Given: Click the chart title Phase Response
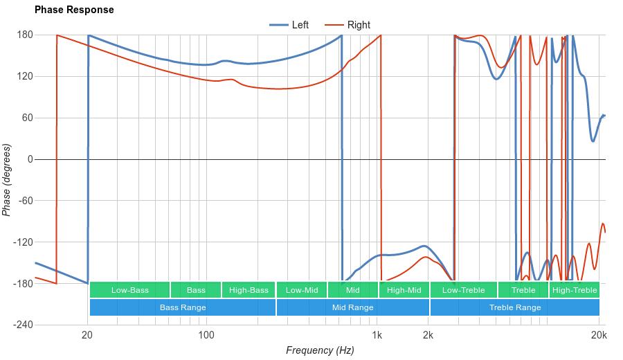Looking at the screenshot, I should coord(74,10).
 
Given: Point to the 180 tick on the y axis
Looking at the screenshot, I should coord(25,35).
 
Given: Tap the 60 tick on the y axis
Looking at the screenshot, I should coord(27,118).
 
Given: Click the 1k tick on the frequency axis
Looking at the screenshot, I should coord(377,336).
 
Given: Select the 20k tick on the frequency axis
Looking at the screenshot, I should coord(599,336).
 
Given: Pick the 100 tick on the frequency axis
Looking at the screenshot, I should coord(206,336).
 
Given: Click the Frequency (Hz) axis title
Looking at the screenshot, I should coord(320,350).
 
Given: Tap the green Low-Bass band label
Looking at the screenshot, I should coord(129,290).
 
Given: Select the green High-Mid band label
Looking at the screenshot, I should coord(404,290).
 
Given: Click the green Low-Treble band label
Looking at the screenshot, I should coord(463,290).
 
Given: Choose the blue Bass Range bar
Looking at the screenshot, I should coord(183,307).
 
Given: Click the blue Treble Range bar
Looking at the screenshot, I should coord(515,307).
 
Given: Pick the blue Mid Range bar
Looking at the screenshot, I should coord(352,307).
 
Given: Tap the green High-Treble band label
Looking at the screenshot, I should coord(575,290).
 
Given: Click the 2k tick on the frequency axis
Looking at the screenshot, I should coord(428,336).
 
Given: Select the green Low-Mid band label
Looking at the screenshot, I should coord(302,290).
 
